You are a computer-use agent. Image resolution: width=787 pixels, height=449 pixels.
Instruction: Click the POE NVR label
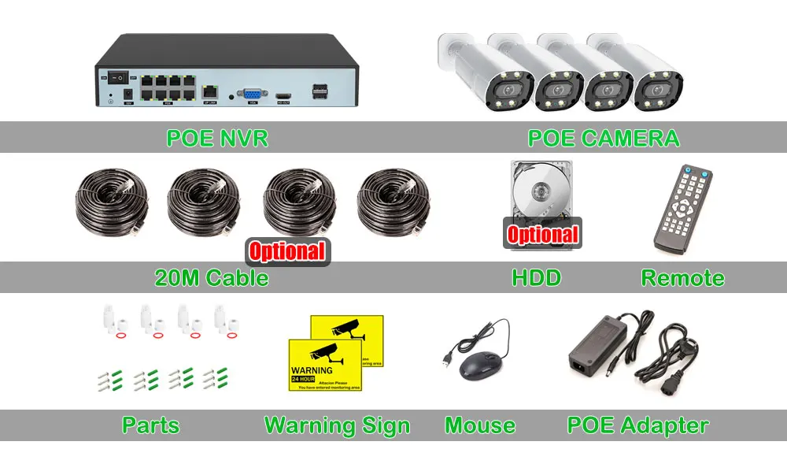point(217,139)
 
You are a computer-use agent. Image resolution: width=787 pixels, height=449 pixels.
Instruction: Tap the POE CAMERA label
point(603,139)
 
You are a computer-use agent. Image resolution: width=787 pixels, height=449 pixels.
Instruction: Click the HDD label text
point(536,278)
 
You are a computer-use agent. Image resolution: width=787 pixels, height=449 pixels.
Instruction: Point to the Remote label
point(682,278)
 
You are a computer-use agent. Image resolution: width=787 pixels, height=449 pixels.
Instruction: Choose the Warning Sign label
point(337,426)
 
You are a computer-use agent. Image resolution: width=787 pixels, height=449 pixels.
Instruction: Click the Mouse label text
point(480,426)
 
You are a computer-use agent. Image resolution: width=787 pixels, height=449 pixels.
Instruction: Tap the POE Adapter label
point(637,426)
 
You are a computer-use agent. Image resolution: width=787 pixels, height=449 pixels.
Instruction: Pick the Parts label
point(150,426)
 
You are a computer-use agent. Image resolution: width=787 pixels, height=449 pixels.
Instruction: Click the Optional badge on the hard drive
point(542,234)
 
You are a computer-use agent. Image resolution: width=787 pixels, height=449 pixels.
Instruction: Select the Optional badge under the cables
point(287,251)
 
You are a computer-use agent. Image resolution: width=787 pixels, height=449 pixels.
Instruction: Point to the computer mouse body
point(482,365)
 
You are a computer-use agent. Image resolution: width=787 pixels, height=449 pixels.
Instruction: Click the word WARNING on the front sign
point(312,369)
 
